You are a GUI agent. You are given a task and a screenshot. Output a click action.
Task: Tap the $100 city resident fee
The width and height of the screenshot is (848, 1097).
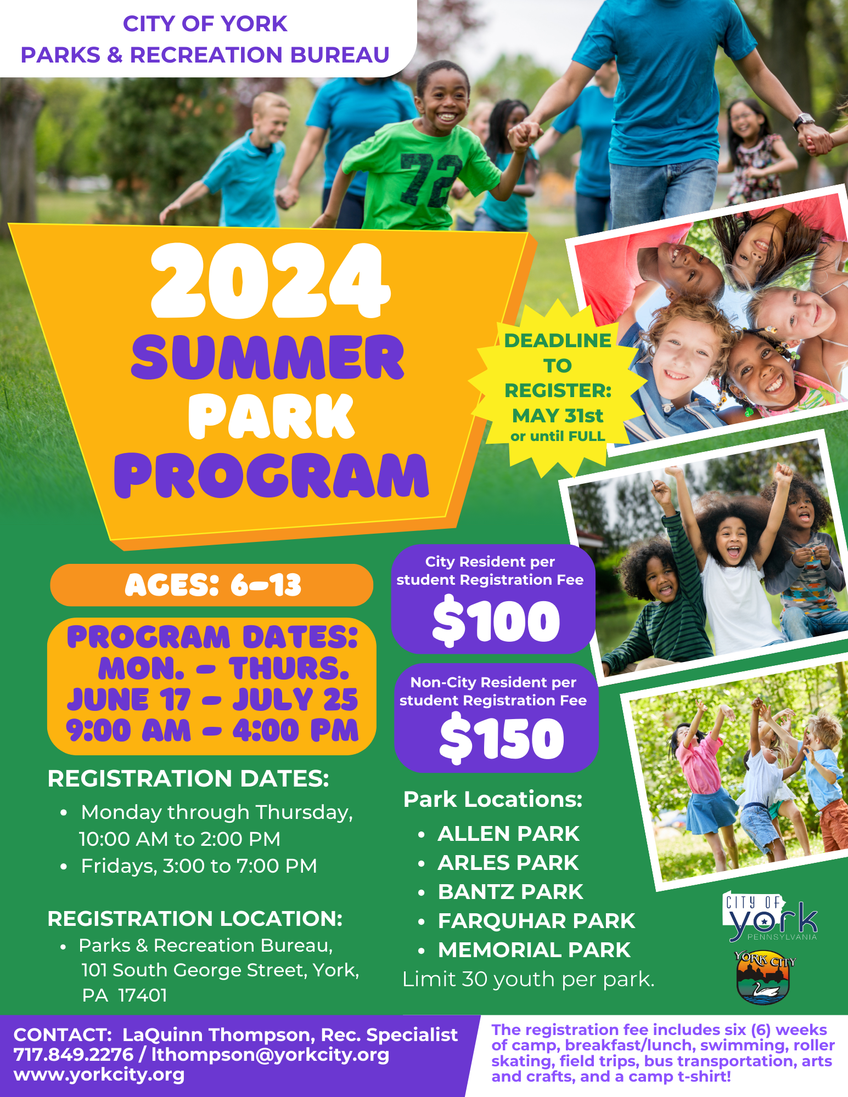(496, 621)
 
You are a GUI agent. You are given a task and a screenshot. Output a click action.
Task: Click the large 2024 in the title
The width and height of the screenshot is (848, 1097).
(270, 281)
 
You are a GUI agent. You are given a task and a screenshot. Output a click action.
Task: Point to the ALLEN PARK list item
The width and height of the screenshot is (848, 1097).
(508, 834)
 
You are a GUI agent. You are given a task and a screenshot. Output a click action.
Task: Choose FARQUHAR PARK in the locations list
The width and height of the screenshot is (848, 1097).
(536, 921)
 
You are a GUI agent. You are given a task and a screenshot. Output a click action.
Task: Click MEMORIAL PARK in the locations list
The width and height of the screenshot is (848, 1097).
(534, 950)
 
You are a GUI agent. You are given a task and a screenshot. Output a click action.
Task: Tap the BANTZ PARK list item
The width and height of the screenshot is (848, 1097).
(510, 892)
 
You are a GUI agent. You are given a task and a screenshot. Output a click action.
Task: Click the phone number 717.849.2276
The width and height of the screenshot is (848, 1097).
(74, 1054)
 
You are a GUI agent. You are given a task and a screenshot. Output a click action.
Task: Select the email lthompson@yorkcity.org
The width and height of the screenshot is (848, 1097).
(270, 1054)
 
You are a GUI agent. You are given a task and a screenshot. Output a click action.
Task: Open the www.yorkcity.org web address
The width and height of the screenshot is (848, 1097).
(99, 1074)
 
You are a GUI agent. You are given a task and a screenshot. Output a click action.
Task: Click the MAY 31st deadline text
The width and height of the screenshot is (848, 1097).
(557, 416)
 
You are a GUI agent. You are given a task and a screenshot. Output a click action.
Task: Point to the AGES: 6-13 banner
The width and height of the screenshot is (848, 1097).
(212, 585)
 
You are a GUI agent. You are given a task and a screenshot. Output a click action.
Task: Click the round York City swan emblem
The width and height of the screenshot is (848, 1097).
(762, 978)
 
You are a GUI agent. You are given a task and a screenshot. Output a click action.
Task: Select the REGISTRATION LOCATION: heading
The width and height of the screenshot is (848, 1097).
(195, 919)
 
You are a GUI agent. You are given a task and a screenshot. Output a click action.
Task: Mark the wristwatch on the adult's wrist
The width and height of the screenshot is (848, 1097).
(804, 121)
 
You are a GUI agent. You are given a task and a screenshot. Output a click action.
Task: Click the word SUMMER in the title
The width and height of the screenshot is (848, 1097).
(268, 358)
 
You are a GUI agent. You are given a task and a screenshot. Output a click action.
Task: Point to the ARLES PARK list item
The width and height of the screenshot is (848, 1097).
(508, 863)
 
